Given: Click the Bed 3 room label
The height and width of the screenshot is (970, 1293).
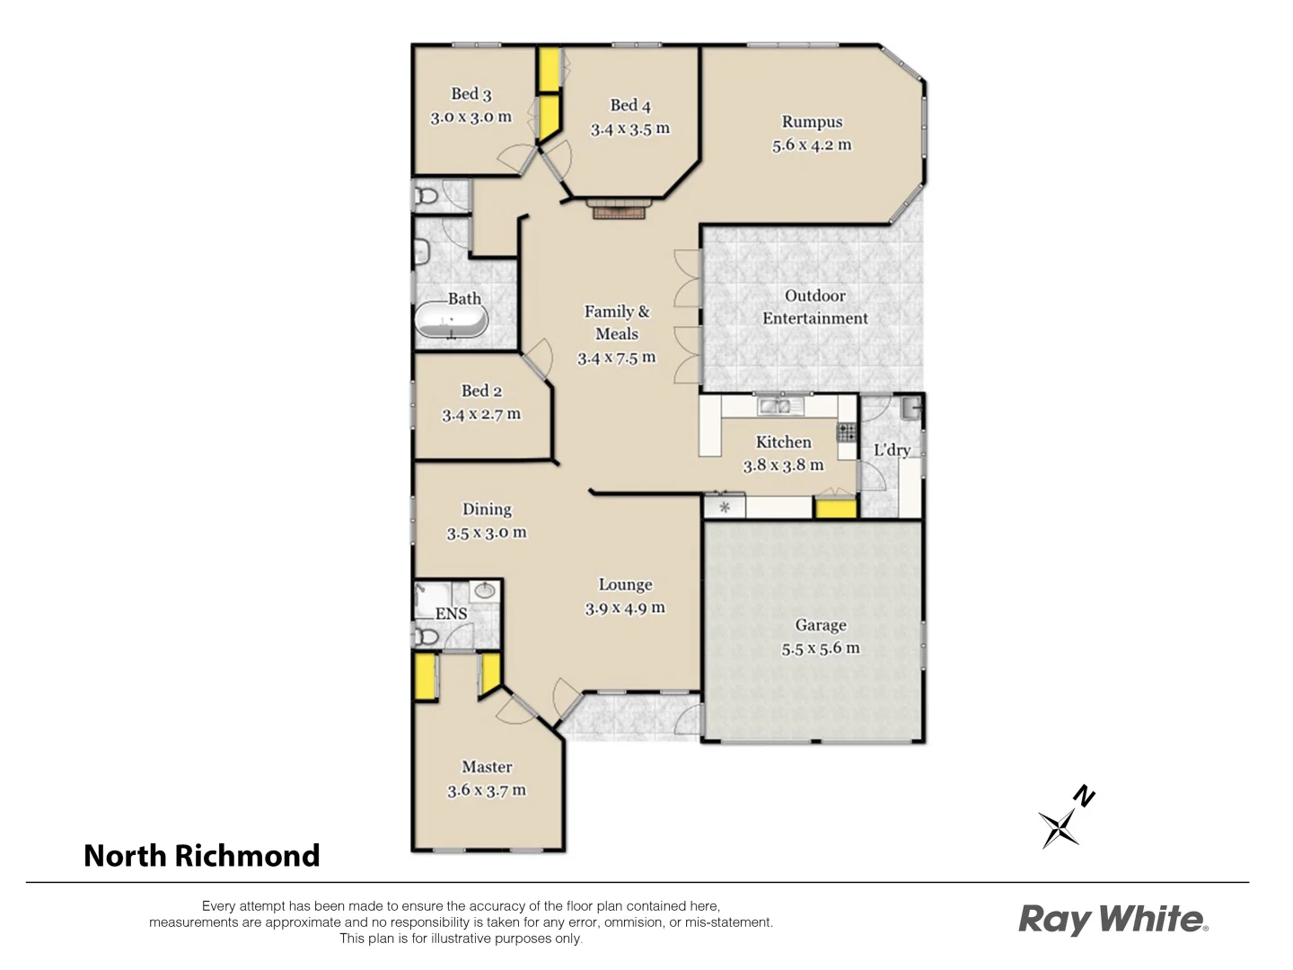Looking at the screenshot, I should [x=471, y=93].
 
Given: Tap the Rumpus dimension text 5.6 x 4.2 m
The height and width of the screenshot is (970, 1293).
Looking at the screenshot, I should [x=812, y=145].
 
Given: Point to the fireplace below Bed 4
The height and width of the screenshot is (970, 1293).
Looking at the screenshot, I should [x=618, y=210].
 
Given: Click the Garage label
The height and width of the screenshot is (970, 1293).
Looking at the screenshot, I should [x=820, y=625].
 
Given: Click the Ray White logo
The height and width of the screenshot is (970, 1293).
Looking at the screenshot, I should [x=1113, y=919].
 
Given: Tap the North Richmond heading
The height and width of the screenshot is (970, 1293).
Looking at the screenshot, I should [x=201, y=855].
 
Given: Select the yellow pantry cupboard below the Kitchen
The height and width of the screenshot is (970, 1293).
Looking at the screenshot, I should [x=835, y=508].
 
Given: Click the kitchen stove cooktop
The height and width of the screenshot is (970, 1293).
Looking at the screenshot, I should [x=846, y=432].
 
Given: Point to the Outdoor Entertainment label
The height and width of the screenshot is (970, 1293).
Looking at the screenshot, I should [x=814, y=306].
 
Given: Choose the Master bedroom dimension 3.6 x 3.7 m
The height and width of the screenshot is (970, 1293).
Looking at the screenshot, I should [x=487, y=790].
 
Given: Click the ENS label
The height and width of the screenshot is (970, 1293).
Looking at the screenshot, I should [x=451, y=613].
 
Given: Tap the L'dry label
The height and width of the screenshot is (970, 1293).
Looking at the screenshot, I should [x=892, y=450].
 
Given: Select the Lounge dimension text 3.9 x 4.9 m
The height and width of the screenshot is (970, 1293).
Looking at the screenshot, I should [x=625, y=608].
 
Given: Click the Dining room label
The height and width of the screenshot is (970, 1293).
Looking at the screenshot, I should [x=487, y=509].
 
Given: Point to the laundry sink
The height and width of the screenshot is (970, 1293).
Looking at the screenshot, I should [x=910, y=409].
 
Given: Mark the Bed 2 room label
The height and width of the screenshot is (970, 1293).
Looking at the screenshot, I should [x=481, y=391].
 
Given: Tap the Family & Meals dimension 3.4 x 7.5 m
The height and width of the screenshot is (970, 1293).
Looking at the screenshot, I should [x=616, y=357].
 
